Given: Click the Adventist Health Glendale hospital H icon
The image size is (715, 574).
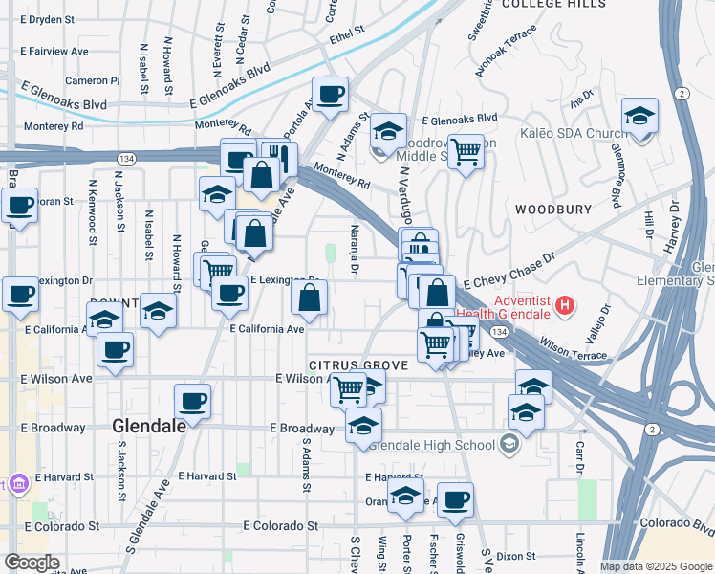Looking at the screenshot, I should pyautogui.click(x=566, y=307).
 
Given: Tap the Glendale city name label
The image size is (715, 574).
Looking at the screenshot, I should pyautogui.click(x=149, y=426).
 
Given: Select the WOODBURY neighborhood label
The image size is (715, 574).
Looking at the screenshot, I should pyautogui.click(x=548, y=209).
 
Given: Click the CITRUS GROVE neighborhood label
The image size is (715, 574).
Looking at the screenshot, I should pyautogui.click(x=358, y=365).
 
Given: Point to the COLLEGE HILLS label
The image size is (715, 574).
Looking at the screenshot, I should pyautogui.click(x=553, y=5).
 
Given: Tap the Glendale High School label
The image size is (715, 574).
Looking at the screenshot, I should pyautogui.click(x=442, y=444).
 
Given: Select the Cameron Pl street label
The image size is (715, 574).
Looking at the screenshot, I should pyautogui.click(x=93, y=81).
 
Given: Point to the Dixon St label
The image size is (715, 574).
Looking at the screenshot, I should pyautogui.click(x=515, y=555).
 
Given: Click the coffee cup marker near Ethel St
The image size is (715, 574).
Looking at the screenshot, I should pyautogui.click(x=330, y=94).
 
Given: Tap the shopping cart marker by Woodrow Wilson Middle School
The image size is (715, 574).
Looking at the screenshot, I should pyautogui.click(x=466, y=149).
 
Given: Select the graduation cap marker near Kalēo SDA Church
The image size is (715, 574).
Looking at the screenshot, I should pyautogui.click(x=639, y=117).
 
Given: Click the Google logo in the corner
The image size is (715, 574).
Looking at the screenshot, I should pyautogui.click(x=32, y=562).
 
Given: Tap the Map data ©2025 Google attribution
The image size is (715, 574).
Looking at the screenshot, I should pyautogui.click(x=655, y=566).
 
